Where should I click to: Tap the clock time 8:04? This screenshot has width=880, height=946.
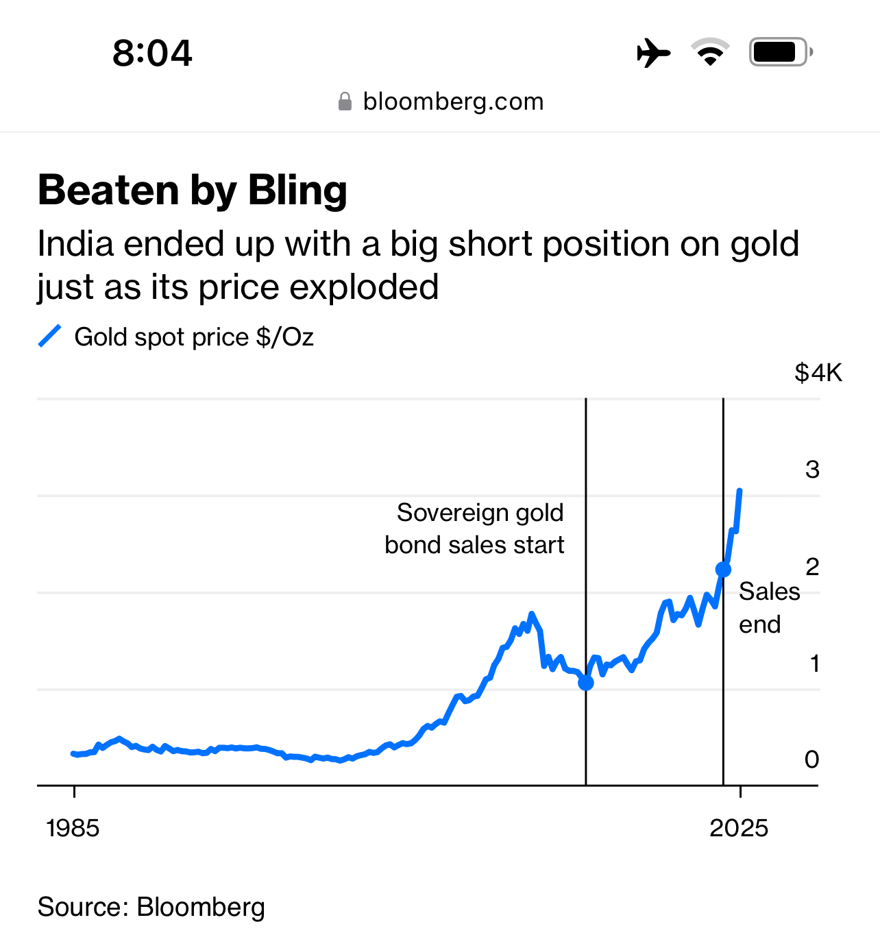152,53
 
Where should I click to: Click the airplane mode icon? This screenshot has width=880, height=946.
653,53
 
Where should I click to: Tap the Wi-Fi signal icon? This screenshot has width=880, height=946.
710,52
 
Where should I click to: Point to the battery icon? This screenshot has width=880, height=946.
780,52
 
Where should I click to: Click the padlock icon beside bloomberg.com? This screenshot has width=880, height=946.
345,102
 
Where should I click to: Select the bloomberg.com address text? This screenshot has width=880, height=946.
453,101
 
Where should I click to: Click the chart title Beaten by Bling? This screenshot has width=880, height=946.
193,190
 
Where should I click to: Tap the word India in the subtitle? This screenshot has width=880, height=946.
74,244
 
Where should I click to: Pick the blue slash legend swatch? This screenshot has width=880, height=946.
50,337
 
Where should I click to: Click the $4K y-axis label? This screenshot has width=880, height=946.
818,373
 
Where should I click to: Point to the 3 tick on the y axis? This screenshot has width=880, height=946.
812,470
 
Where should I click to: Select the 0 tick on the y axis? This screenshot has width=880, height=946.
811,760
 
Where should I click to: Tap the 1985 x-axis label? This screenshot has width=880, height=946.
73,828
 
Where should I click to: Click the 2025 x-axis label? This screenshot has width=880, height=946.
739,828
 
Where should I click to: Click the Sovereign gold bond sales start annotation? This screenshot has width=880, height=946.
474,529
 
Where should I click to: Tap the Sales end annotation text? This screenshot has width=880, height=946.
768,607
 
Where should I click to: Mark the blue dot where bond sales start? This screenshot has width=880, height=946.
586,683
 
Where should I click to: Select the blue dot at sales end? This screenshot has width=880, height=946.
723,570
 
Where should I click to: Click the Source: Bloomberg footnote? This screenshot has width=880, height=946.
151,907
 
